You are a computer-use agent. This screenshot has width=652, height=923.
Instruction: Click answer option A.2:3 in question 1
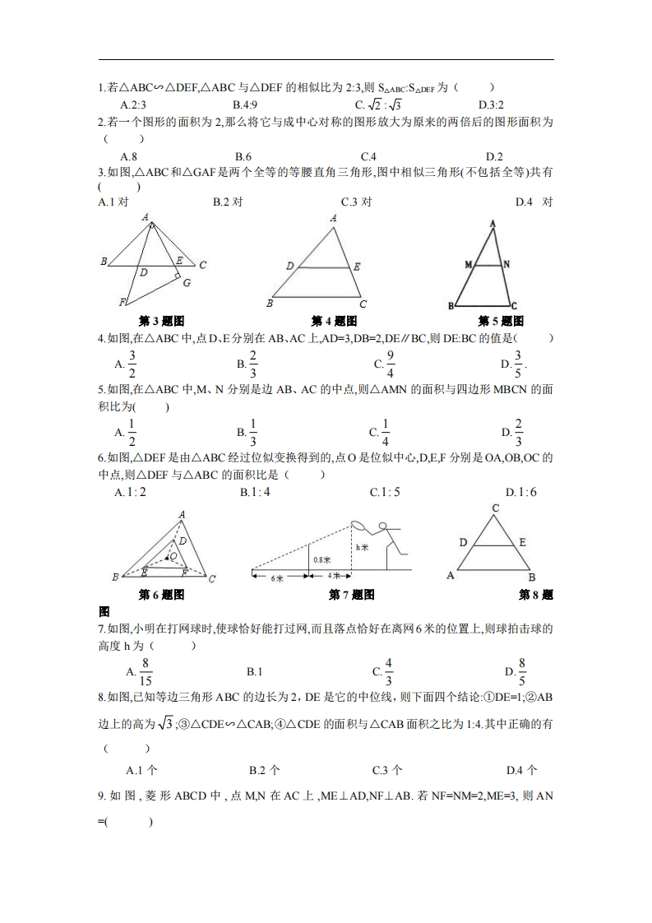132,104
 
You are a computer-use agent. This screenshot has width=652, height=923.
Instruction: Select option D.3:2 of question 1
491,104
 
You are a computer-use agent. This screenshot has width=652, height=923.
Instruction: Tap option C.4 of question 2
368,156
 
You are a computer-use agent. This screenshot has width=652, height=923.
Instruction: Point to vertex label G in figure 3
187,283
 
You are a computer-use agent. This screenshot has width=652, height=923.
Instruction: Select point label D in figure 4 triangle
289,267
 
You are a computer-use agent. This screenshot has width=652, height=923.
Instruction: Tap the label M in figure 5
468,265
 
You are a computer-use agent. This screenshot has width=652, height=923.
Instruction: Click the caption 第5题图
501,321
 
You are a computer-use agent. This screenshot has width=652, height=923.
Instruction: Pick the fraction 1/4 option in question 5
380,431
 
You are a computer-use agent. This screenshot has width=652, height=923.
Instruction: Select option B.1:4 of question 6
255,492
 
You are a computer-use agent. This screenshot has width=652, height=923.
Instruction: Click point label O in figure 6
173,557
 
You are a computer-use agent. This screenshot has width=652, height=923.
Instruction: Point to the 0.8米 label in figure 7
321,559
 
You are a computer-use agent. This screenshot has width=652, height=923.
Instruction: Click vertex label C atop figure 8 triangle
496,508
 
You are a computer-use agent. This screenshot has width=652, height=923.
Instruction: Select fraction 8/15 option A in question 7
140,671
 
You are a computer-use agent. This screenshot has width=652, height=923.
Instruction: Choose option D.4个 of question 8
522,770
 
